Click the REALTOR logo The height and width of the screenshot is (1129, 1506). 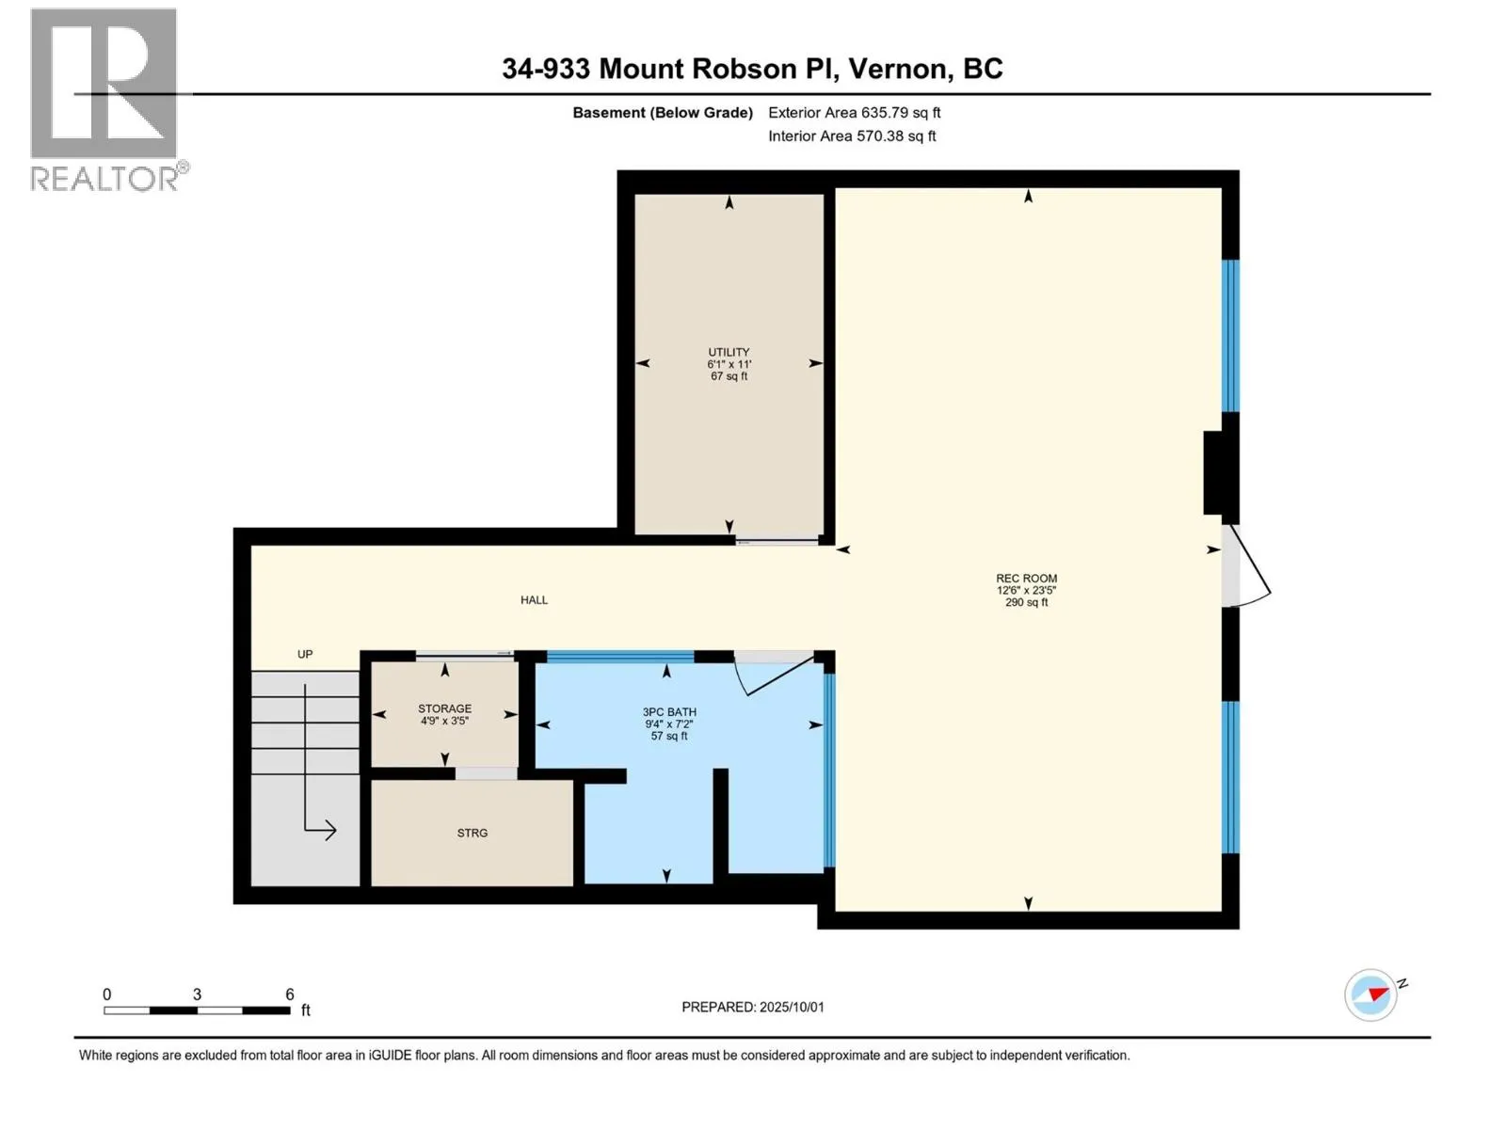109,100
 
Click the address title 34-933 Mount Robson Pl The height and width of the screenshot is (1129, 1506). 669,69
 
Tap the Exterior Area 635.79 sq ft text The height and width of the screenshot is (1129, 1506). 855,112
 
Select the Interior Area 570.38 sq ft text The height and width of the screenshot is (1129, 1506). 852,135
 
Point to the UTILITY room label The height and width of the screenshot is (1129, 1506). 729,352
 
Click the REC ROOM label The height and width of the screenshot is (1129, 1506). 1026,578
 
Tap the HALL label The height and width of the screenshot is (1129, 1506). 534,600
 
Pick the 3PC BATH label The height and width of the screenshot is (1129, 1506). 669,711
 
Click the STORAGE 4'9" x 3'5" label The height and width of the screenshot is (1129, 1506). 444,714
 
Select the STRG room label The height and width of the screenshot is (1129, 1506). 473,833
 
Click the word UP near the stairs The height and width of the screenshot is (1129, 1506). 305,654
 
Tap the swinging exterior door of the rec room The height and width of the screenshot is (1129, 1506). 1247,566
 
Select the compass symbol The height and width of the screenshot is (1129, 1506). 1370,994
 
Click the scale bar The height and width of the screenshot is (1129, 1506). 197,1010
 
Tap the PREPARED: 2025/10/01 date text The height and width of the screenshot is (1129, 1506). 753,1007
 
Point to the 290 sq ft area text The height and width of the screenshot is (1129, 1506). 1026,602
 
